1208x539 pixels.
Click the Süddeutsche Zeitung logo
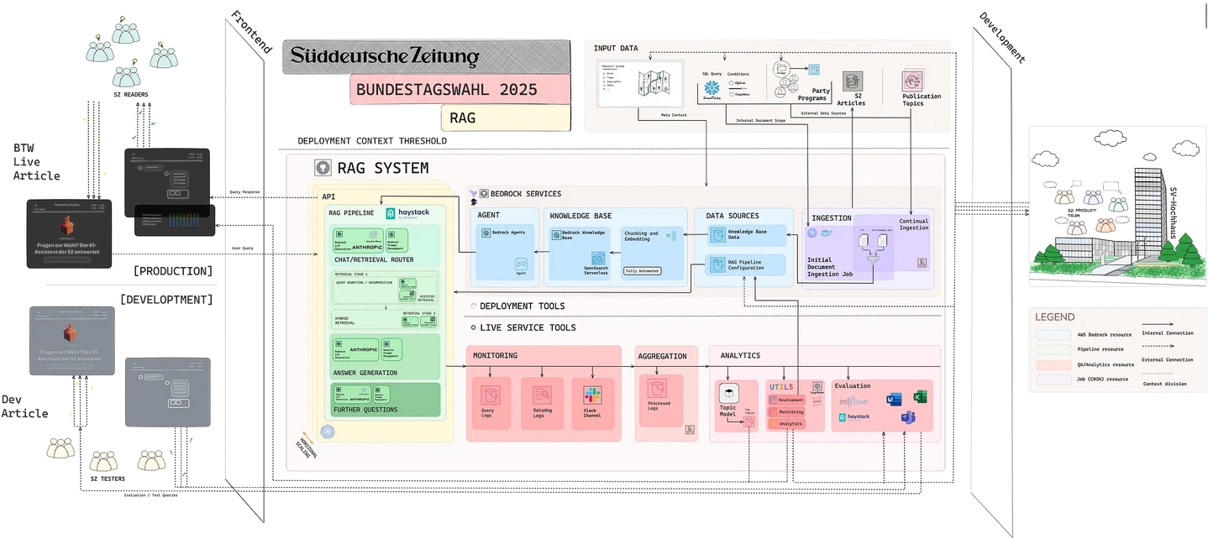pos(385,56)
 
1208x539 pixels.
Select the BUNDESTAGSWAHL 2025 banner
pos(446,89)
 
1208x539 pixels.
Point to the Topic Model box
pos(727,403)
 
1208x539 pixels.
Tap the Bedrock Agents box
pos(507,232)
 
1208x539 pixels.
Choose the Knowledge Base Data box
pos(745,233)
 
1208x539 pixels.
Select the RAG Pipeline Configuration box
pos(745,265)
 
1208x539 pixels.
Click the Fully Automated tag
pos(642,271)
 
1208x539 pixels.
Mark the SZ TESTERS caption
pos(108,479)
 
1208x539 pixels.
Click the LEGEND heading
pos(1054,317)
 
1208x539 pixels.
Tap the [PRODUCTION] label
pos(172,271)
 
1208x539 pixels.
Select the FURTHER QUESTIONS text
pos(367,410)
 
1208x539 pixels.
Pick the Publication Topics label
pos(922,100)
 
